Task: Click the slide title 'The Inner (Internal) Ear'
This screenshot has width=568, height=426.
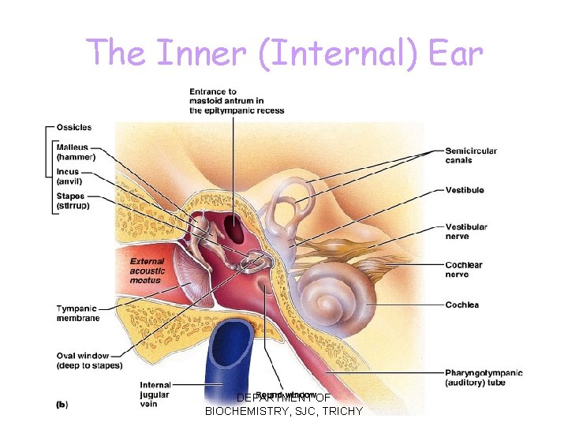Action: pos(284,52)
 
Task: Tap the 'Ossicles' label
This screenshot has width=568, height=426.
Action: pos(73,127)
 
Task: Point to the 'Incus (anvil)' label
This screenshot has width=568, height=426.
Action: pos(69,177)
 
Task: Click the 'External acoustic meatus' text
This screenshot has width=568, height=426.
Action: pos(147,271)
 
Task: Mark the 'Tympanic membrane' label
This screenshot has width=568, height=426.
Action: pos(77,313)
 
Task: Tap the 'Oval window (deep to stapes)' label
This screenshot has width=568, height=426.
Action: pos(88,360)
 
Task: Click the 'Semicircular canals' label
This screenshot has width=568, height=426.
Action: pos(471,155)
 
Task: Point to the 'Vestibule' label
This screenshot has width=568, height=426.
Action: pos(465,190)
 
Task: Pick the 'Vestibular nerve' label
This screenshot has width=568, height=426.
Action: pos(466,231)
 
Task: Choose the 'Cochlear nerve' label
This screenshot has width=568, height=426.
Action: pos(464,270)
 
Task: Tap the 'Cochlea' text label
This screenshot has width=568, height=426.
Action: pos(461,305)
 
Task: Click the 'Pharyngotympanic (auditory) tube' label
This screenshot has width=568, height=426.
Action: pos(483,377)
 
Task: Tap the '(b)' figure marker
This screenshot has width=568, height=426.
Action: pos(62,404)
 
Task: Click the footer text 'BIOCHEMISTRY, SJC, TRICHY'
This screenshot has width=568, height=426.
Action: pos(284,411)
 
